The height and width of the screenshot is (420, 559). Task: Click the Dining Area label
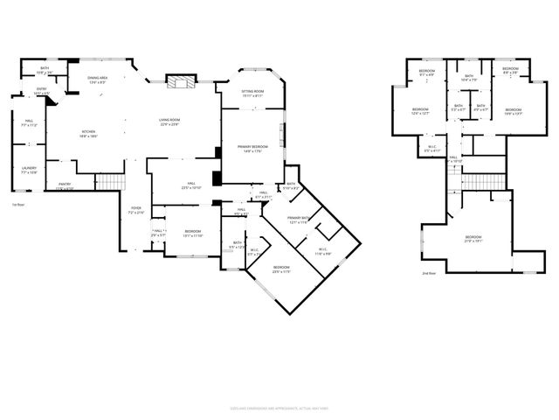(97, 80)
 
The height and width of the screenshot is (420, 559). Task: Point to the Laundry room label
(29, 169)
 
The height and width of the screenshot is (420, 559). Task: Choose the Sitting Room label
(252, 93)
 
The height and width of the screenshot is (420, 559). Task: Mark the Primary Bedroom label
(252, 148)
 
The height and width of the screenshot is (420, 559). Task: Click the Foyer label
(136, 211)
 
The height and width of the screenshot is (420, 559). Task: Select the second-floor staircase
(473, 181)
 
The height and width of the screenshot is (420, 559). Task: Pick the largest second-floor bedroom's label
(473, 238)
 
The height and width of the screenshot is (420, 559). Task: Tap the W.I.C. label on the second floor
(431, 149)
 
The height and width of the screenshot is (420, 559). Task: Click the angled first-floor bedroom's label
(280, 269)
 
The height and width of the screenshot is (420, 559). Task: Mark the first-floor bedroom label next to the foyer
(192, 234)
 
